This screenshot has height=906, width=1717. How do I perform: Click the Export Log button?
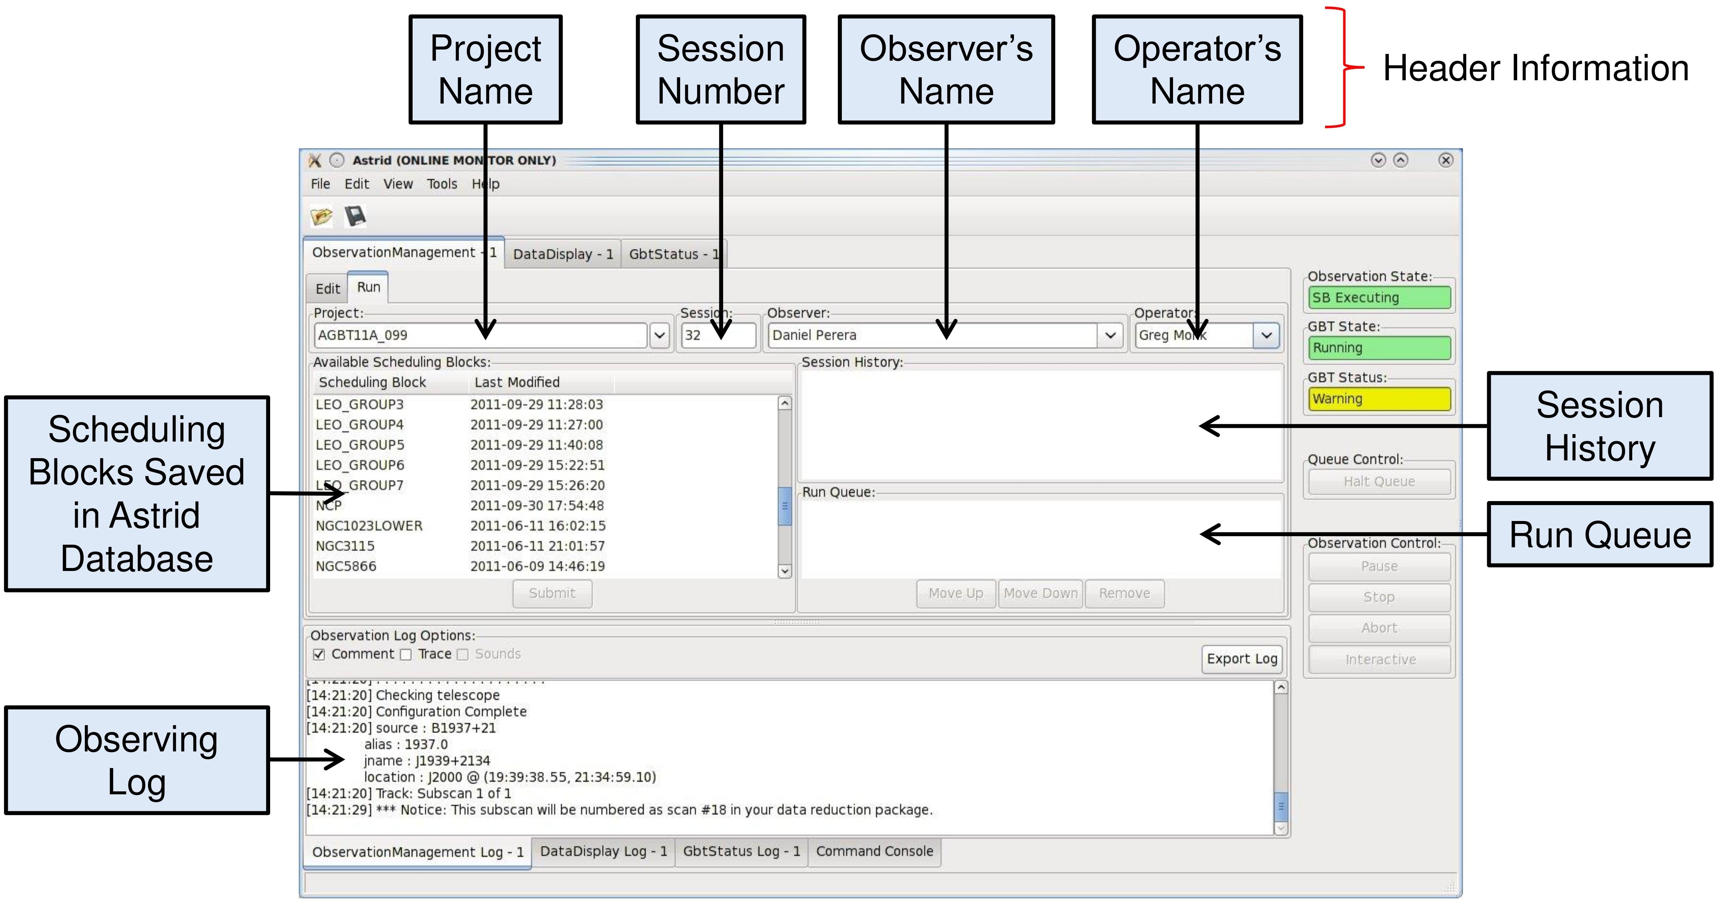tap(1242, 659)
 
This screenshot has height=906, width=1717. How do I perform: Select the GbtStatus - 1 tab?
tap(674, 254)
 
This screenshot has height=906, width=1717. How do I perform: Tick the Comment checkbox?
tap(319, 654)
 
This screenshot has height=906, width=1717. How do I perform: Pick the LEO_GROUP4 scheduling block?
tap(360, 425)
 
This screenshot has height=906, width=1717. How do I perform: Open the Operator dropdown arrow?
tap(1266, 335)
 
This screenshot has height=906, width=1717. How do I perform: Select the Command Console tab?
tap(874, 851)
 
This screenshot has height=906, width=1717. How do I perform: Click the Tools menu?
tap(442, 184)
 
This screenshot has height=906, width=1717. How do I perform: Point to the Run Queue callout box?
tap(1600, 534)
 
